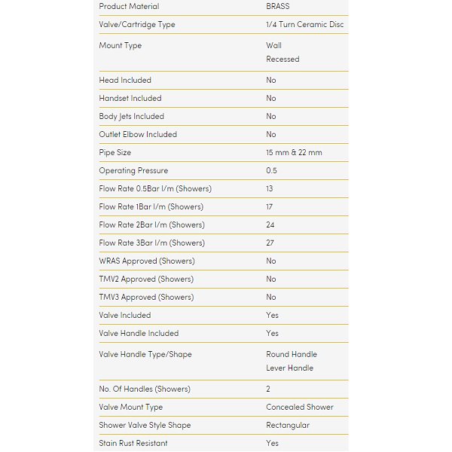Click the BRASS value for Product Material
(277, 7)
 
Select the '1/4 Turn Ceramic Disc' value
(304, 25)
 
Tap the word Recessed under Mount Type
(282, 60)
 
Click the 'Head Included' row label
(125, 81)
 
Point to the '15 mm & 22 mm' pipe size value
(294, 153)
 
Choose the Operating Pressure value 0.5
(271, 171)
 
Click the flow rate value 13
(270, 189)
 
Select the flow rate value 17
(270, 207)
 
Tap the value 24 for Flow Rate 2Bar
(270, 225)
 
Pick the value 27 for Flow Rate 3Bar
(270, 243)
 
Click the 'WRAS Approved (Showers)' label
(147, 261)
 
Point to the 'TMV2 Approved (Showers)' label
(146, 279)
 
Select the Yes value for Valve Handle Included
(272, 334)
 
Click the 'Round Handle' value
(292, 355)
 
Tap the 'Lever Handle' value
(289, 368)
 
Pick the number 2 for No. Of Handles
(269, 389)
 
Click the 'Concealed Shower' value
(299, 408)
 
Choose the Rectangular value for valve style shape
(288, 426)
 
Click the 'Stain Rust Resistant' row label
(133, 444)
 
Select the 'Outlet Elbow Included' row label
(138, 135)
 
